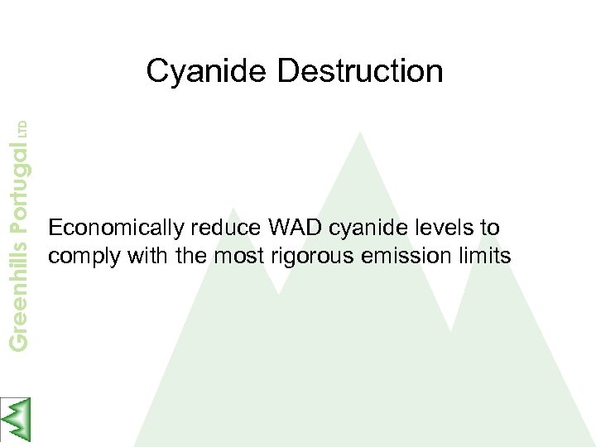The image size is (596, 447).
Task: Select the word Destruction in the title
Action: [x=360, y=71]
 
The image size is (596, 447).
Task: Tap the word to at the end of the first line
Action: [x=490, y=228]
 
